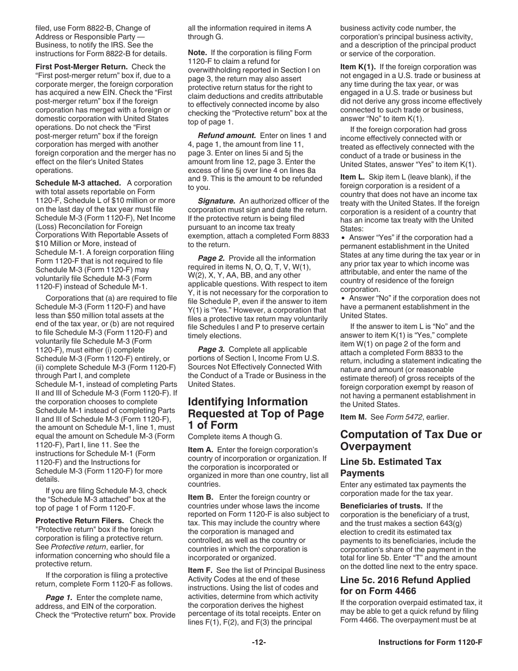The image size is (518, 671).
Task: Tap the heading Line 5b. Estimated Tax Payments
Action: pos(390,467)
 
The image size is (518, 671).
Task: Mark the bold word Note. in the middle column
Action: pos(197,52)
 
